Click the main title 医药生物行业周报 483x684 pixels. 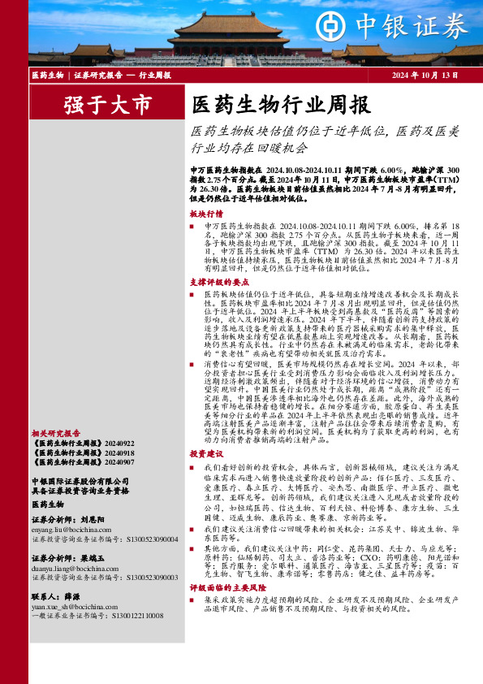(x=280, y=104)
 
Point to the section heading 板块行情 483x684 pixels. (x=205, y=214)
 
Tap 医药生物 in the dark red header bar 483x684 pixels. (x=47, y=75)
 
